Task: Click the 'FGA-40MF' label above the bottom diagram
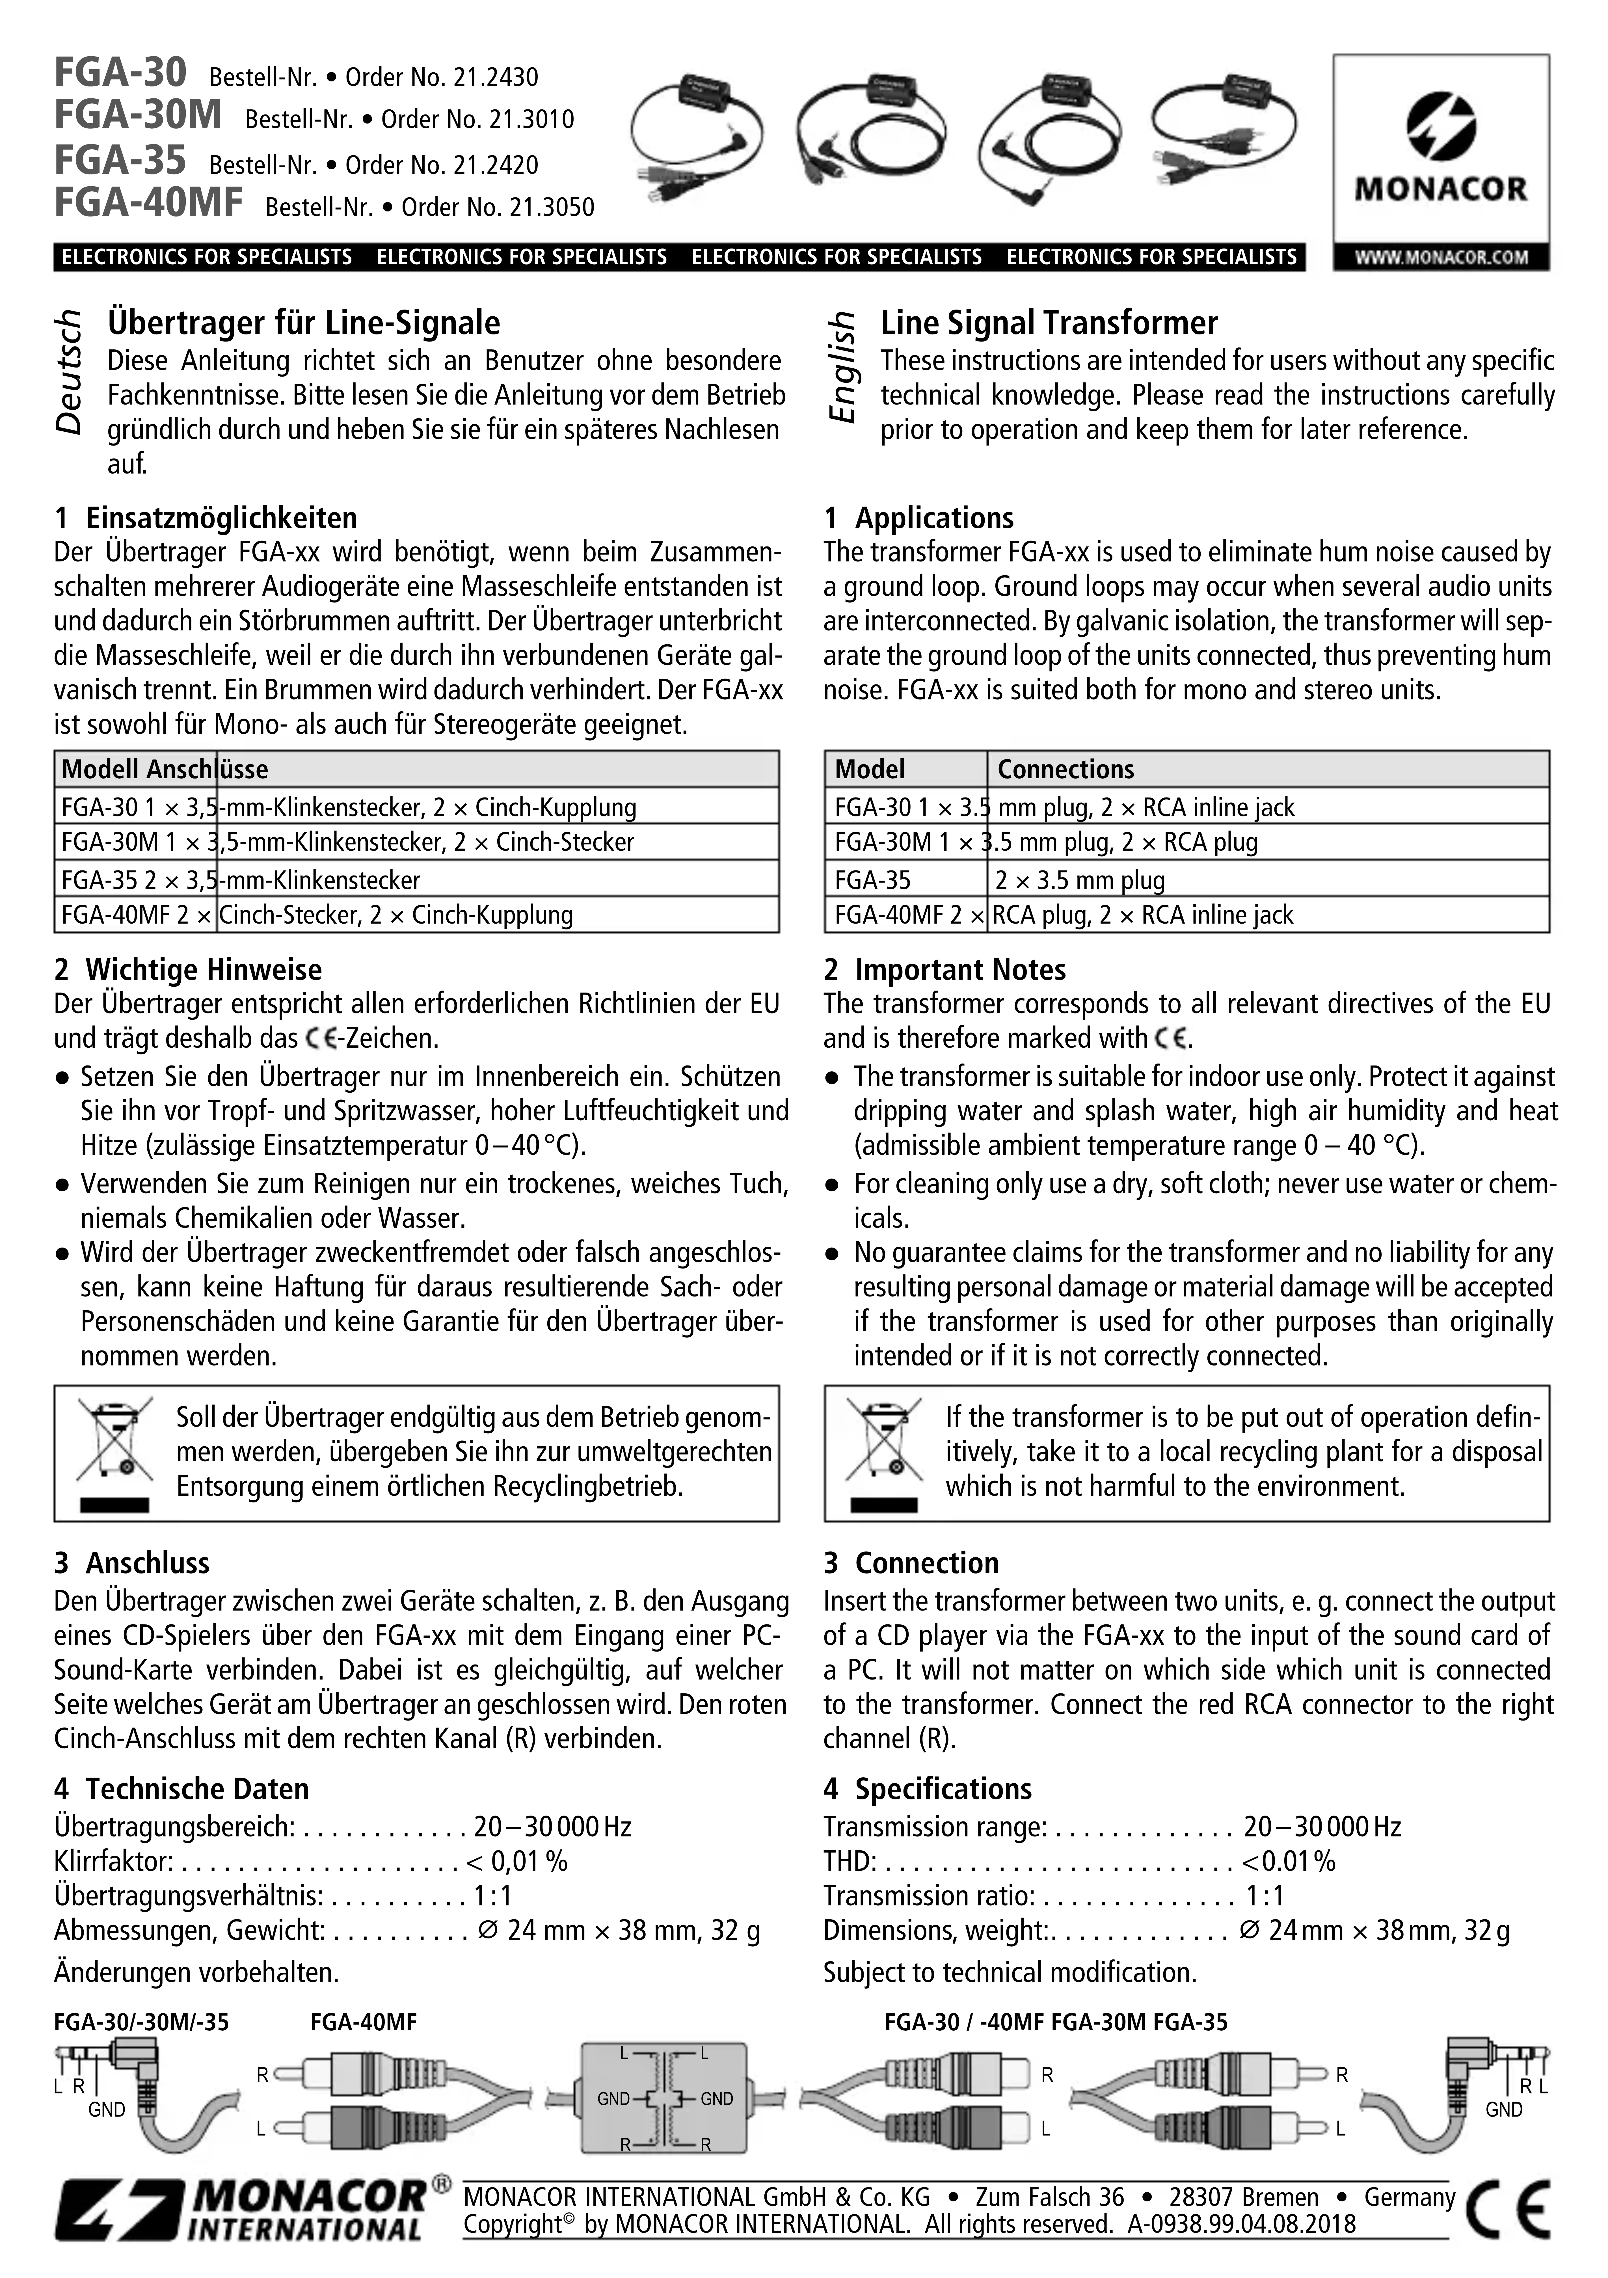coord(363,2022)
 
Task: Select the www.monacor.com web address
coord(1440,257)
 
